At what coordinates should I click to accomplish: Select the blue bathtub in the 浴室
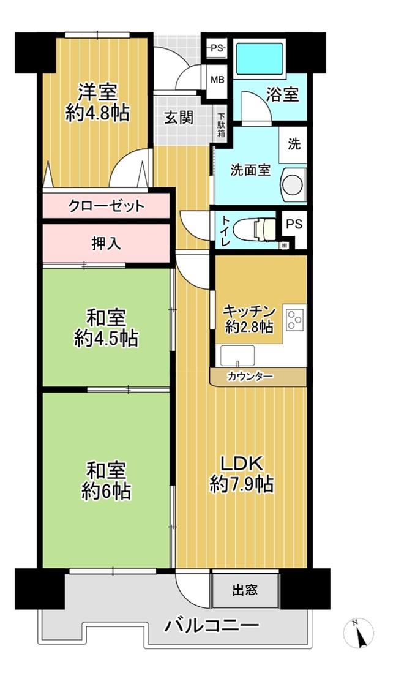pyautogui.click(x=260, y=59)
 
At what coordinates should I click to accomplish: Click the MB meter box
pyautogui.click(x=217, y=80)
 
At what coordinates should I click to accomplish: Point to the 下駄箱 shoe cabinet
pyautogui.click(x=222, y=126)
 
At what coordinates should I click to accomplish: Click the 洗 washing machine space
pyautogui.click(x=294, y=144)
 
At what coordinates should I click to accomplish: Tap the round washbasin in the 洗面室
pyautogui.click(x=293, y=185)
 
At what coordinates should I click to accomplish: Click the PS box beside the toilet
pyautogui.click(x=294, y=225)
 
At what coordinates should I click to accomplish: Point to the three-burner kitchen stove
pyautogui.click(x=294, y=320)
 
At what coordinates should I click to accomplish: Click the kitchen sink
pyautogui.click(x=237, y=356)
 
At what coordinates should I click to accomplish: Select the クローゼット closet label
pyautogui.click(x=106, y=206)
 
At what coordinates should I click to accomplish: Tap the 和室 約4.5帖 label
pyautogui.click(x=106, y=328)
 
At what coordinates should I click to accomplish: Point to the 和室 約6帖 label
pyautogui.click(x=106, y=481)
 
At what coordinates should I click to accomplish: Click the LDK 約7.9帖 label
pyautogui.click(x=242, y=474)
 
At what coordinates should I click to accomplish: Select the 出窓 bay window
pyautogui.click(x=245, y=590)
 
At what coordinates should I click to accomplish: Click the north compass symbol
pyautogui.click(x=359, y=633)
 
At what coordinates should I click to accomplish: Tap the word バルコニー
pyautogui.click(x=212, y=626)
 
